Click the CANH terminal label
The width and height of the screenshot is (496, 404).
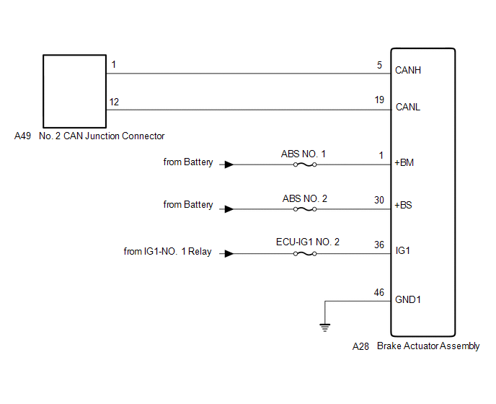point(408,71)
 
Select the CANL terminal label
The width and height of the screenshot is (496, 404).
point(408,107)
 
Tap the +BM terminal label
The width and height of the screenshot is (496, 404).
point(404,162)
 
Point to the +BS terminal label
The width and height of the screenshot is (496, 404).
point(404,205)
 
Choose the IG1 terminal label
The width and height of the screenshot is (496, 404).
point(403,251)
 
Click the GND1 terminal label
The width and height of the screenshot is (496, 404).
point(407,299)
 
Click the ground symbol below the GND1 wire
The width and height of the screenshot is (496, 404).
point(324,327)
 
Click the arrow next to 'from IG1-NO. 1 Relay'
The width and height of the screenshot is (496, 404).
point(228,254)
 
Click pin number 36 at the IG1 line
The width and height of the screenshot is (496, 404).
point(379,244)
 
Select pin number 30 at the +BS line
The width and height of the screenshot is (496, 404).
point(379,200)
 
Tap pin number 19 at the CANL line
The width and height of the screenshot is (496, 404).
point(379,100)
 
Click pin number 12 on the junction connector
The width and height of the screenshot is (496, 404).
point(114,102)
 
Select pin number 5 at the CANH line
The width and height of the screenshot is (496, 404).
point(379,64)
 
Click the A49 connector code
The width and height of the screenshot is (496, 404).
point(23,136)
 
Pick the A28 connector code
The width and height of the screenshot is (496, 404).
point(360,346)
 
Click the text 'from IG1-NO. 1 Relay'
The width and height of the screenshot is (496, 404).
point(168,252)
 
